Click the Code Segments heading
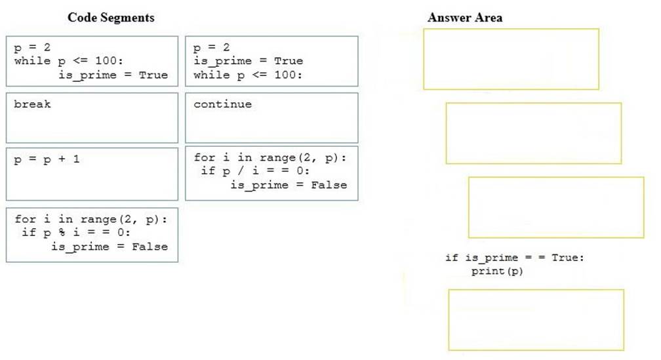[x=111, y=18]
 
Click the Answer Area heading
[x=464, y=18]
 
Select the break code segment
[x=92, y=117]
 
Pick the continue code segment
[x=271, y=117]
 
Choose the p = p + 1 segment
[x=92, y=174]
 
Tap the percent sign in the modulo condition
[x=62, y=232]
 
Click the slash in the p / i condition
[x=241, y=170]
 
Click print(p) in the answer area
[x=497, y=271]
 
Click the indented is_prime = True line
[x=113, y=75]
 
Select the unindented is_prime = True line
[x=249, y=61]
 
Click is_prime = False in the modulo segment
[x=110, y=247]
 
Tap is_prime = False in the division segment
[x=289, y=185]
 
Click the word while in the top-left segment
[x=32, y=61]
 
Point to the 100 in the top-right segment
[x=285, y=75]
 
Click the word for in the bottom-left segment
[x=26, y=219]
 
